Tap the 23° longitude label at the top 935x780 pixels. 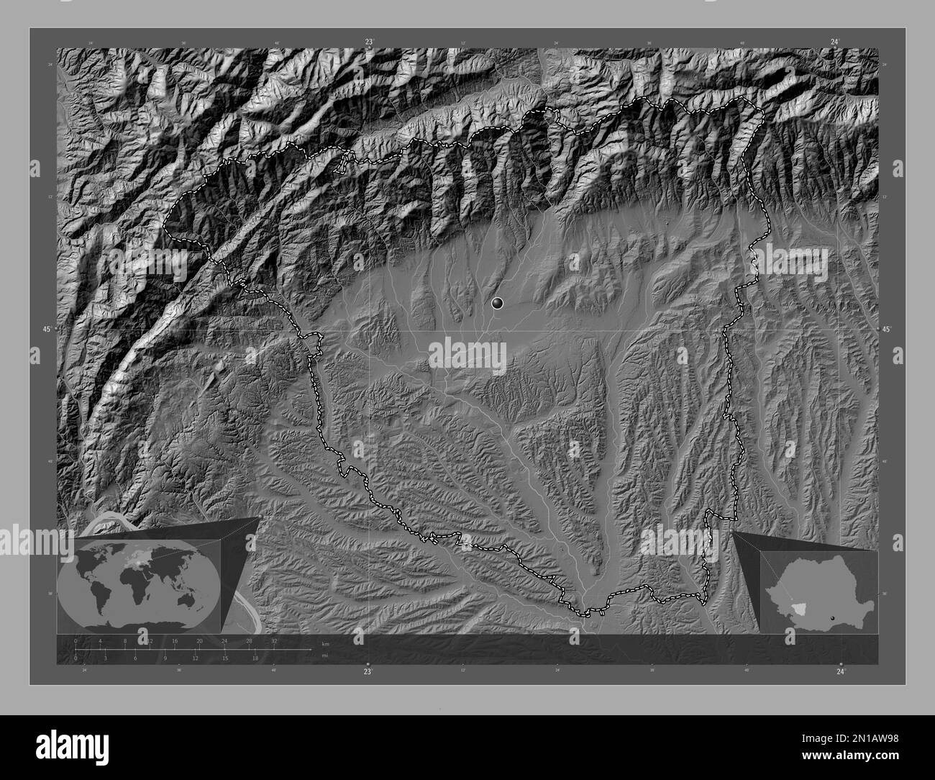pyautogui.click(x=368, y=42)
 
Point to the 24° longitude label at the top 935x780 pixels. pyautogui.click(x=834, y=42)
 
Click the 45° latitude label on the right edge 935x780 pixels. pyautogui.click(x=887, y=330)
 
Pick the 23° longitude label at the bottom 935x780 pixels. pyautogui.click(x=368, y=671)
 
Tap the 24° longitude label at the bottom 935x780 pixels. pyautogui.click(x=841, y=671)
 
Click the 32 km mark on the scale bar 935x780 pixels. pyautogui.click(x=274, y=640)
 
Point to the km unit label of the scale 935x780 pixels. pyautogui.click(x=326, y=643)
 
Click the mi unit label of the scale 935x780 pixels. pyautogui.click(x=325, y=656)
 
